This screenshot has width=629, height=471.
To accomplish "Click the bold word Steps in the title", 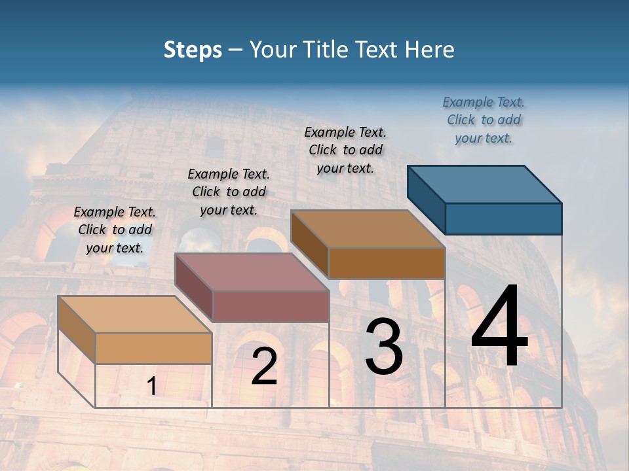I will (193, 50).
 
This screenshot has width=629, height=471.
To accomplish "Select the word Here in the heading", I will (430, 50).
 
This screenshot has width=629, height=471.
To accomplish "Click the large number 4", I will (499, 327).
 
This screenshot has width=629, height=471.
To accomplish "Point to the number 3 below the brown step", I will (384, 347).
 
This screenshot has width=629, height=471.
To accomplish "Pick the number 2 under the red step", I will (264, 366).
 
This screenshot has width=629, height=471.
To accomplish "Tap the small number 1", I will (151, 387).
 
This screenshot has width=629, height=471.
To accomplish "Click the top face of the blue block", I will (485, 184).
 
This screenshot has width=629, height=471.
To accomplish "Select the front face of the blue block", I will (503, 218).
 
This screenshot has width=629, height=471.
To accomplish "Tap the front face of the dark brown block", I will (387, 263).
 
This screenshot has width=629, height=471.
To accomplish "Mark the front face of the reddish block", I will (271, 306).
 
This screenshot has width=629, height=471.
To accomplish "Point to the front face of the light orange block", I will (153, 348).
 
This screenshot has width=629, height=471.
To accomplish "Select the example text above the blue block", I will (484, 120).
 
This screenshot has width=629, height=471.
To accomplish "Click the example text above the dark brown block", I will (345, 150).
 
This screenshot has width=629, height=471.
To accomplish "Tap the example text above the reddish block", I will (229, 192).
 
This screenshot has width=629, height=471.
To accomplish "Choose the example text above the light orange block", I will (115, 230).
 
